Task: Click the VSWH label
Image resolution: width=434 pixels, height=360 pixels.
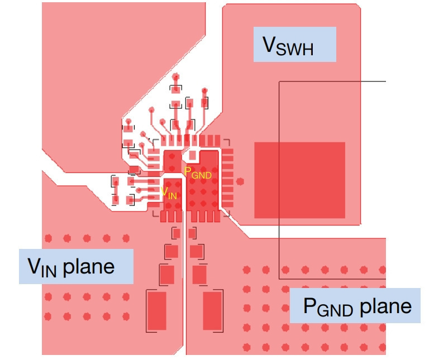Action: click(x=288, y=46)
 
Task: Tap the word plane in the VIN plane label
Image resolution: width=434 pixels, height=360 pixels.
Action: click(x=89, y=267)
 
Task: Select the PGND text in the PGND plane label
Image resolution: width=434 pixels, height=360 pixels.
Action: click(x=328, y=307)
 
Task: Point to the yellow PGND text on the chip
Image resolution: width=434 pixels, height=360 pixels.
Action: click(x=198, y=173)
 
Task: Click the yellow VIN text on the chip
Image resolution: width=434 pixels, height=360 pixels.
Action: click(x=169, y=193)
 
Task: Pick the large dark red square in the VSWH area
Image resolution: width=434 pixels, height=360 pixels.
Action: click(x=299, y=180)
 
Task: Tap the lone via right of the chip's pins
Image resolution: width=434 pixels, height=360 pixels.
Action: click(x=240, y=181)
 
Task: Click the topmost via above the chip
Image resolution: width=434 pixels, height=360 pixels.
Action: click(x=175, y=76)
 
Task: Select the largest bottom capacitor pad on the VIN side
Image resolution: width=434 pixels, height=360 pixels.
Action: click(x=157, y=310)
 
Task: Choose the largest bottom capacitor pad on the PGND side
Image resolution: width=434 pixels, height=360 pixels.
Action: click(x=212, y=310)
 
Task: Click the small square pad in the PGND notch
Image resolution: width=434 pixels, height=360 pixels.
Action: click(x=192, y=155)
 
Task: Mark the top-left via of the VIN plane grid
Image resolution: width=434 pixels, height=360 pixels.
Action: click(x=48, y=238)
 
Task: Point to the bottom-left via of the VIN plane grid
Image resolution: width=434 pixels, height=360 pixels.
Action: click(x=48, y=316)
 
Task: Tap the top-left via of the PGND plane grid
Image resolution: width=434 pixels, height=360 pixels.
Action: click(x=246, y=270)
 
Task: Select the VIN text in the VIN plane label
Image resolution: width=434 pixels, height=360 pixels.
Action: click(x=42, y=267)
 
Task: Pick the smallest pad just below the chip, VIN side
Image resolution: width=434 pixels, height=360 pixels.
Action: click(x=177, y=233)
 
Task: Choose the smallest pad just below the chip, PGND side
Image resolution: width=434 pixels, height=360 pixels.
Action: click(x=192, y=233)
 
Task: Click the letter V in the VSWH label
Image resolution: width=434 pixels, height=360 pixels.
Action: click(x=269, y=44)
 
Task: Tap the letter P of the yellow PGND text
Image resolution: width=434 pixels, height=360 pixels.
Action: click(x=187, y=171)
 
